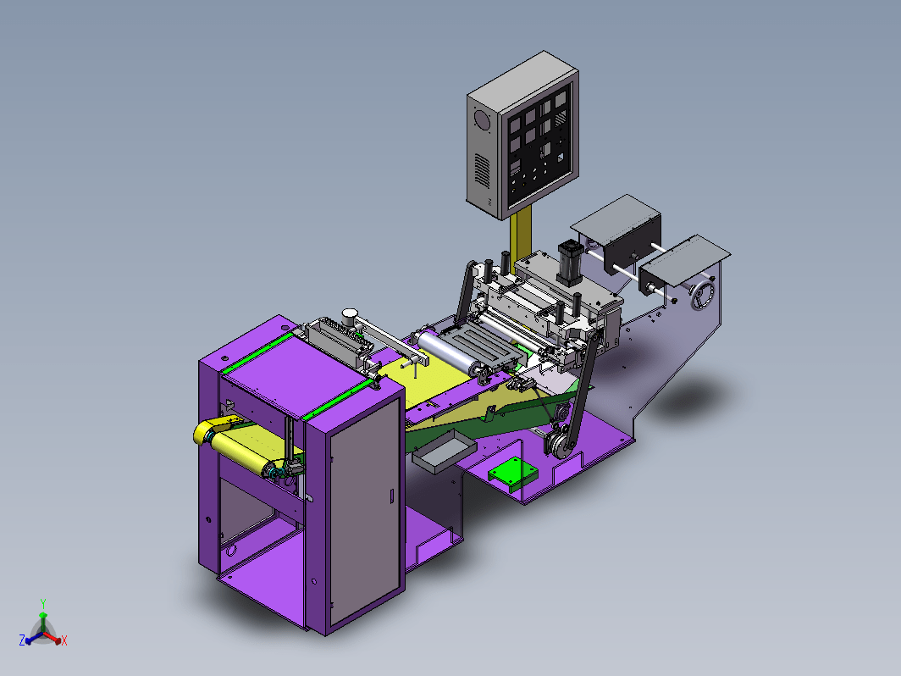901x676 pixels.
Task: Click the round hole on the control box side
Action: pos(480,120)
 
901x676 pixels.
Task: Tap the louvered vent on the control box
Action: pos(482,170)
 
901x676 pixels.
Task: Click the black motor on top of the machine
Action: pos(569,263)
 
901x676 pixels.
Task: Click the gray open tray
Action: pos(444,452)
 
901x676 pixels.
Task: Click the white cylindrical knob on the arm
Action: pos(350,316)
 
